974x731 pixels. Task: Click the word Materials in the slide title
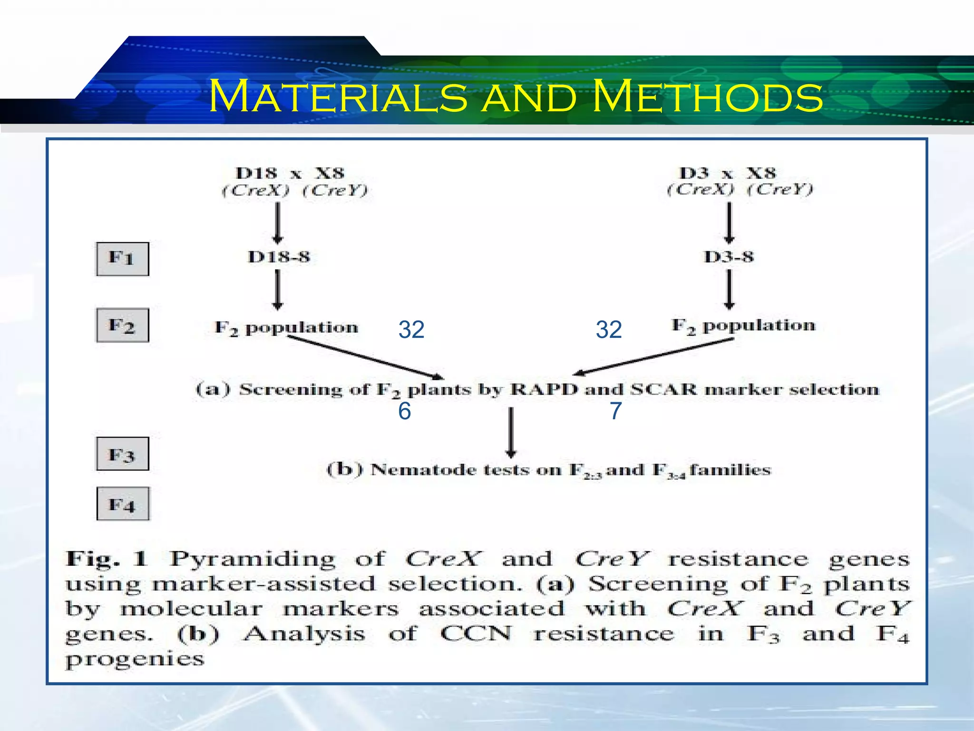[338, 97]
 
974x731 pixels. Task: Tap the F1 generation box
[122, 259]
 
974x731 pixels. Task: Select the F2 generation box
[122, 326]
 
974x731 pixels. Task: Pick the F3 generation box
[122, 454]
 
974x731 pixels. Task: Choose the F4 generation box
[123, 504]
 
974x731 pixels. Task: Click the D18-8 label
[279, 257]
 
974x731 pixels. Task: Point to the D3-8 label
[729, 257]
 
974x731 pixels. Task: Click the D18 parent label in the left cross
[256, 173]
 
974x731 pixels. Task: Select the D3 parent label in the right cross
[694, 173]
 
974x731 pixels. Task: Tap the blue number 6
[404, 411]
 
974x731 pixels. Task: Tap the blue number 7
[616, 411]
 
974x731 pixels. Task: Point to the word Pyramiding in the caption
[253, 559]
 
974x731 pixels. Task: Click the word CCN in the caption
[476, 633]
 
